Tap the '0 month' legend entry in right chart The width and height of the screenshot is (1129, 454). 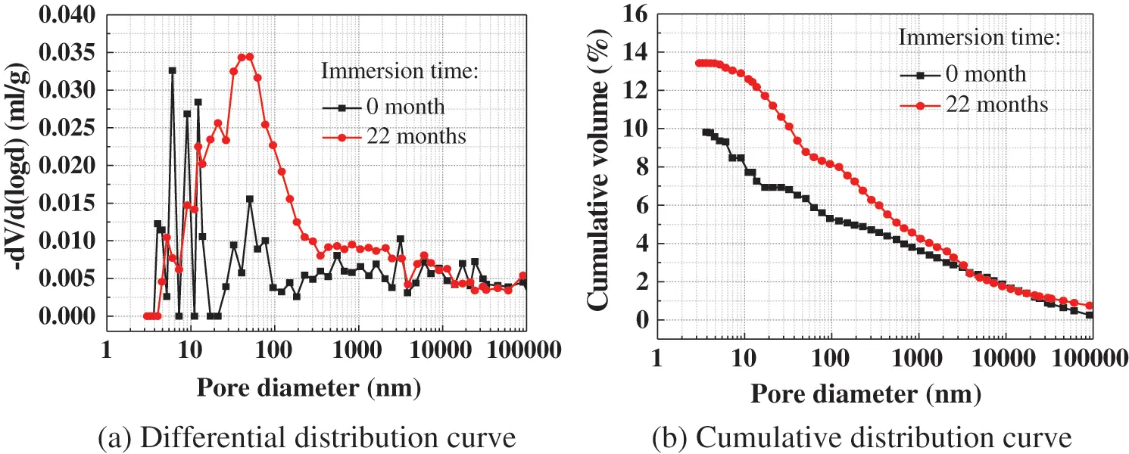(x=984, y=74)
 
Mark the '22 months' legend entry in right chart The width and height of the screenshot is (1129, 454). (x=993, y=104)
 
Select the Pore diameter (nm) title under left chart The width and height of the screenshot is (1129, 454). (x=308, y=387)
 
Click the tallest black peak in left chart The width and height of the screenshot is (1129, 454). (x=172, y=70)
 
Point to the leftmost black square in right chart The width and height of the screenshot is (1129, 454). (x=706, y=132)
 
